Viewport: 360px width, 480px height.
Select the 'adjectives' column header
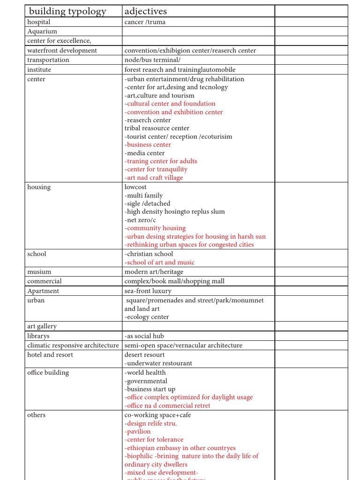(x=146, y=11)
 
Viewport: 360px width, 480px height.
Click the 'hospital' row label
(x=39, y=22)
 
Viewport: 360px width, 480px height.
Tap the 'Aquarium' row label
(x=42, y=31)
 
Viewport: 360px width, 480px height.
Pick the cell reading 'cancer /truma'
(x=145, y=22)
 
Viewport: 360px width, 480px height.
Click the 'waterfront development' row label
(x=62, y=51)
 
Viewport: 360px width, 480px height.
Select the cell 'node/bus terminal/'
(x=152, y=60)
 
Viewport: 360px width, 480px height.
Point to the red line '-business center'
(x=148, y=145)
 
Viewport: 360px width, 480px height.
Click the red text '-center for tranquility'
(x=156, y=169)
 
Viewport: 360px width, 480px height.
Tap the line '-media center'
(x=145, y=153)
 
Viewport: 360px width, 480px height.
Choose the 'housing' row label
(x=39, y=187)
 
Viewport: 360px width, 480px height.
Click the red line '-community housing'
(x=155, y=228)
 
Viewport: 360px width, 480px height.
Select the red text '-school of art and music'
(x=159, y=262)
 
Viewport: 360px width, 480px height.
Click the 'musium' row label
(x=39, y=272)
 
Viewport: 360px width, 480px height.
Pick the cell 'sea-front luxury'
(x=148, y=291)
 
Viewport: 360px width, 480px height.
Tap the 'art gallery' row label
(x=42, y=326)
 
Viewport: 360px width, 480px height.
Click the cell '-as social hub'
(x=144, y=336)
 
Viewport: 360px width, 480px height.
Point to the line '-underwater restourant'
(x=158, y=363)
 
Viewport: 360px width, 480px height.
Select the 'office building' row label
(x=48, y=373)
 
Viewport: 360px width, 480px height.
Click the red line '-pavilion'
(x=138, y=431)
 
